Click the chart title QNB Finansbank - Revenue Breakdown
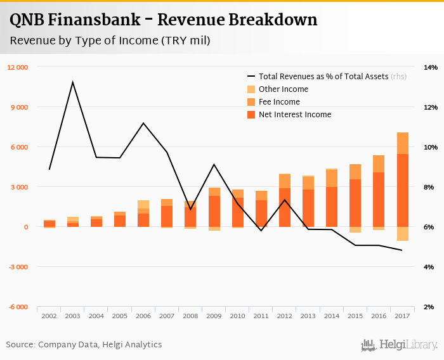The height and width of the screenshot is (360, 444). [164, 20]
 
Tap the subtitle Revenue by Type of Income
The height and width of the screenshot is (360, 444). [109, 41]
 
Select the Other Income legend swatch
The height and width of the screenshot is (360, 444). [251, 89]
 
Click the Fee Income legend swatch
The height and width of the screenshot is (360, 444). [251, 102]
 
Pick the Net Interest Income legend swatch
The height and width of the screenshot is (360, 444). [251, 115]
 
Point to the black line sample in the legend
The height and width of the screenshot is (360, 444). [251, 77]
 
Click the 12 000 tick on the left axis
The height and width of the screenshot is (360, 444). [18, 67]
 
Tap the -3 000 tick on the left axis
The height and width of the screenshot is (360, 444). [18, 267]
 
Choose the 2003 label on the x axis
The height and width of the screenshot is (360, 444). [73, 315]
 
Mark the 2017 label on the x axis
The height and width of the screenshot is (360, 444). [402, 315]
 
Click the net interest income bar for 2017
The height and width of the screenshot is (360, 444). [402, 190]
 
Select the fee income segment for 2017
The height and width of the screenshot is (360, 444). [402, 143]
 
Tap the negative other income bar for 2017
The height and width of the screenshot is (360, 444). [402, 234]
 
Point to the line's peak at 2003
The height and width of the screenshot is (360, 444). [73, 82]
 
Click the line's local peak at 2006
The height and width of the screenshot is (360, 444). [143, 123]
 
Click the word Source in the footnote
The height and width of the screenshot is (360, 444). [20, 345]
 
